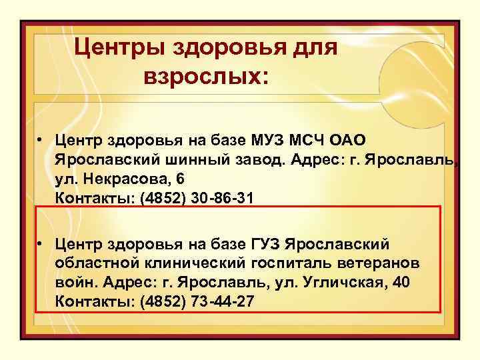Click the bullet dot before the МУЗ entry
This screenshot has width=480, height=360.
[x=41, y=141]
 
